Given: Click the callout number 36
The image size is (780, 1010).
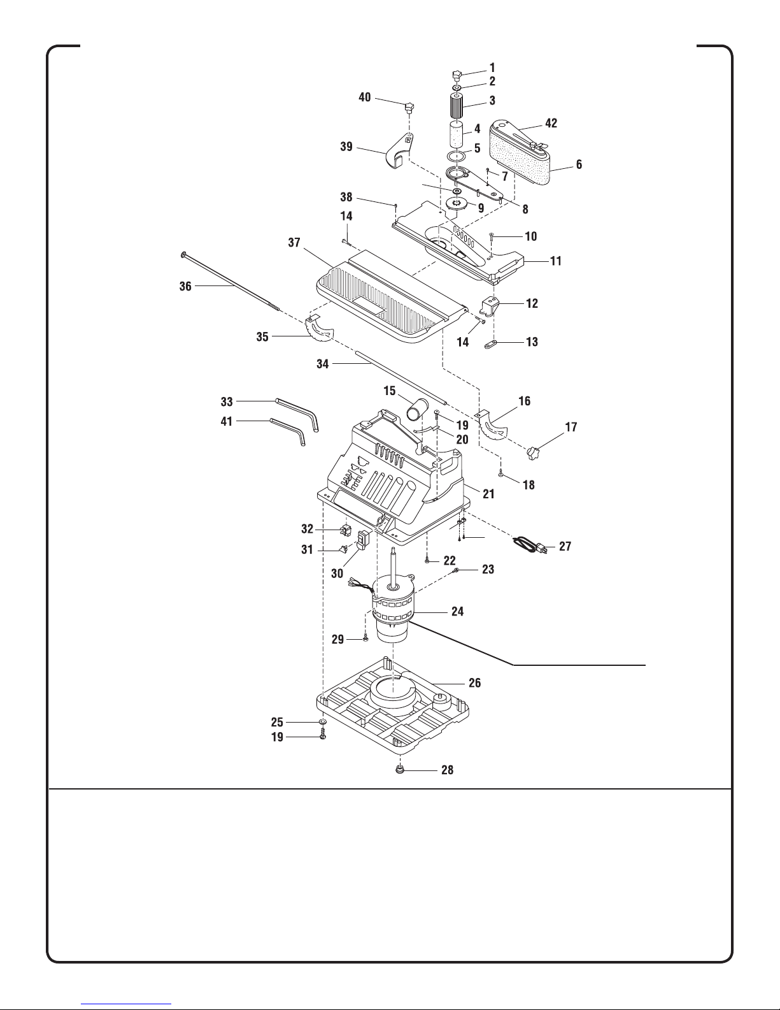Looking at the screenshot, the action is [x=185, y=286].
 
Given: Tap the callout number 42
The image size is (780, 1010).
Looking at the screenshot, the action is [x=551, y=123].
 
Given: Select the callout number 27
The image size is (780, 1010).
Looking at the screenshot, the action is [x=565, y=546].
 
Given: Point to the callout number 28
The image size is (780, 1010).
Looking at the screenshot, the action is [x=447, y=770].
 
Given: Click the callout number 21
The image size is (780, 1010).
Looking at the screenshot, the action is [x=488, y=494].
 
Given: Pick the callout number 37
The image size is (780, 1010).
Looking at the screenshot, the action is [x=294, y=243].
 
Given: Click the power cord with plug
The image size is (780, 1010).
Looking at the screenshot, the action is [x=530, y=544].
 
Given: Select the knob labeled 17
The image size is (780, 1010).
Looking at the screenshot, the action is [x=534, y=452].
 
